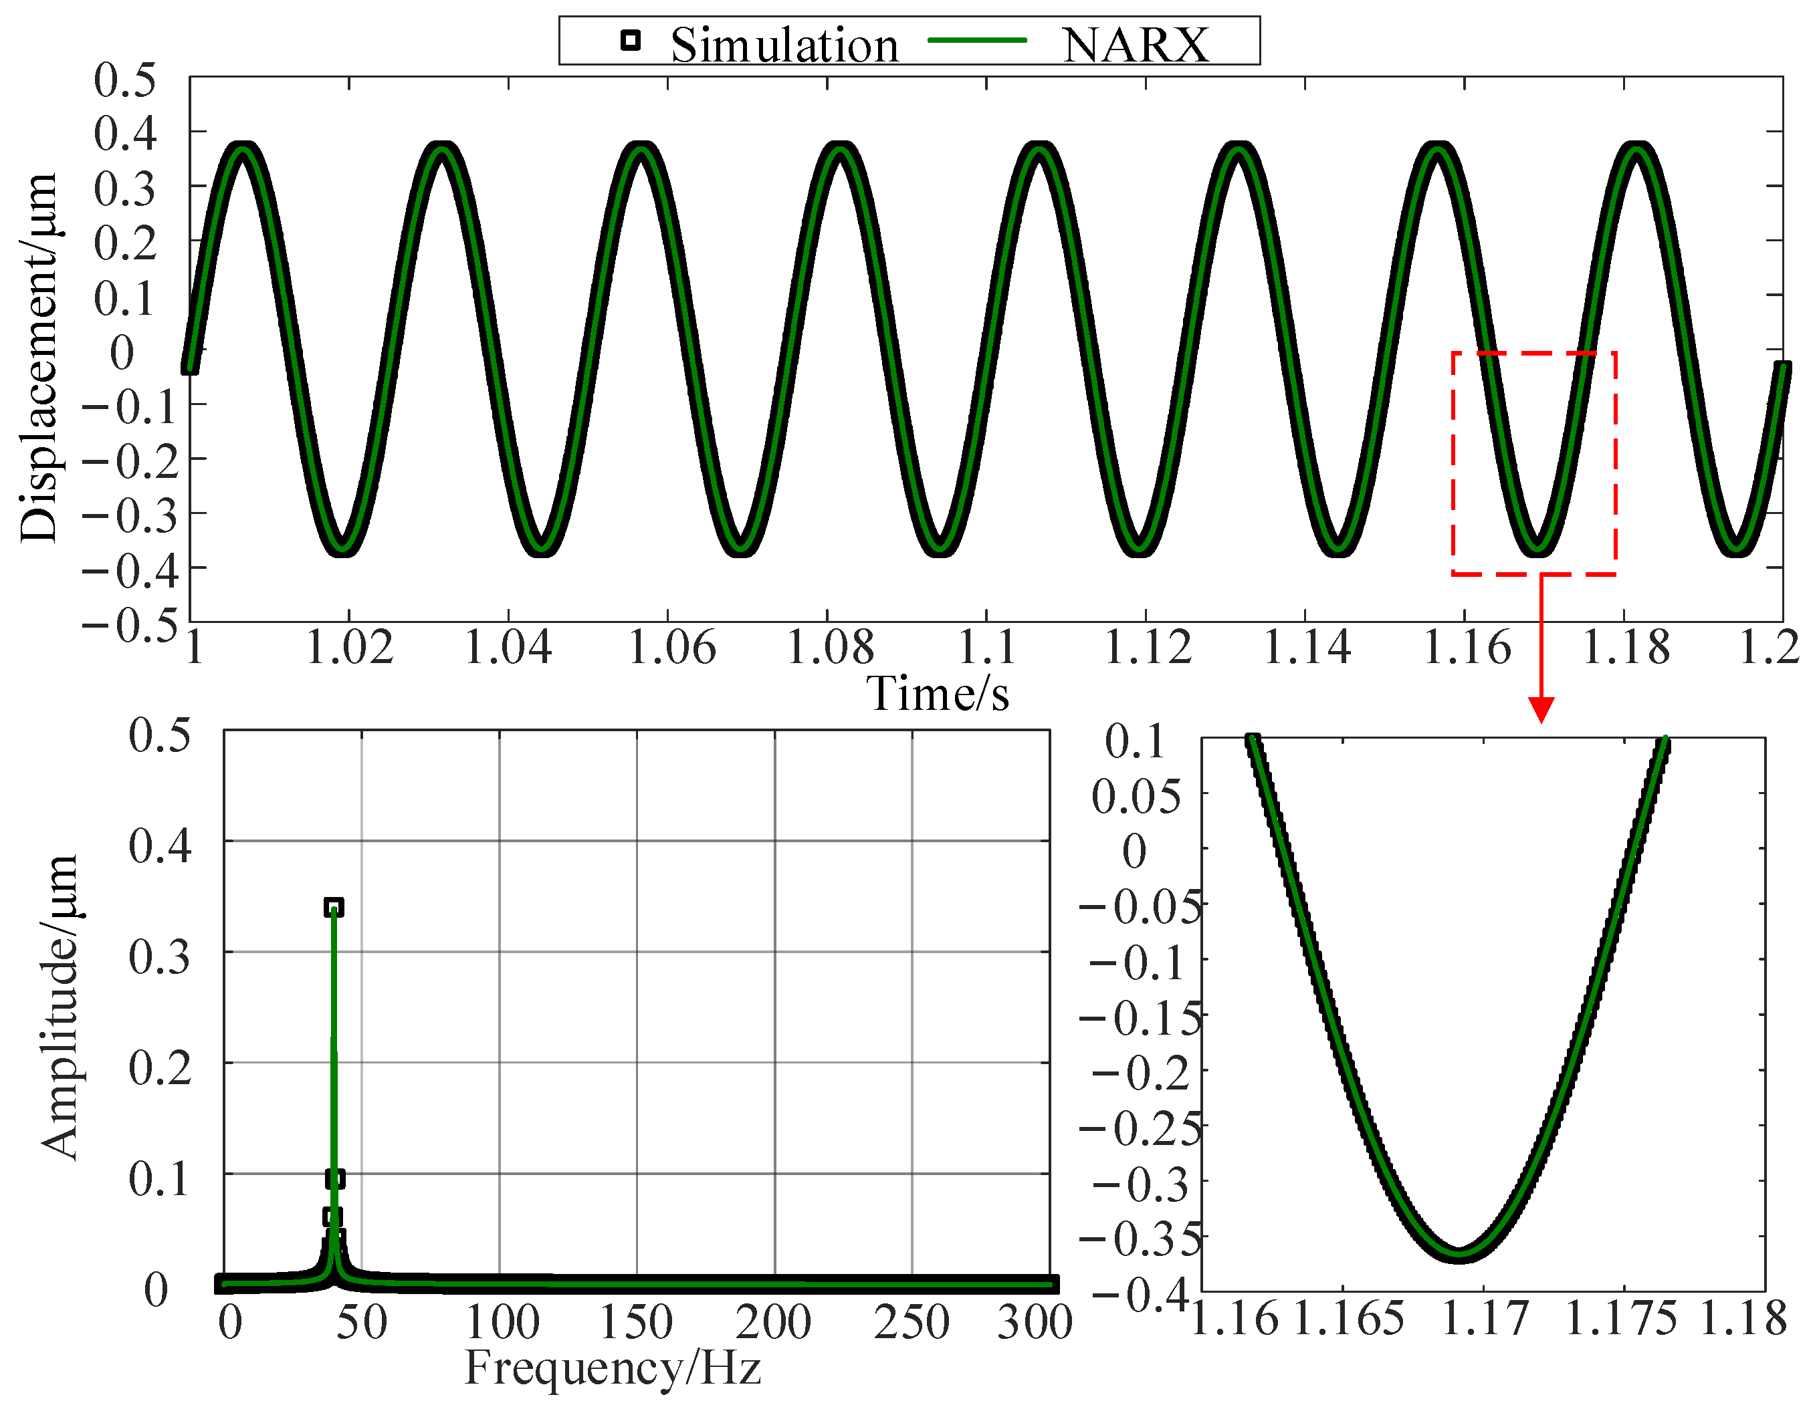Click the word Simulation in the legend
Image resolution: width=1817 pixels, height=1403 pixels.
(784, 45)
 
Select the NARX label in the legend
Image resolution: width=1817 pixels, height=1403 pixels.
(1135, 45)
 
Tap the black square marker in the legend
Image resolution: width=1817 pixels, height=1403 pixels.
(631, 40)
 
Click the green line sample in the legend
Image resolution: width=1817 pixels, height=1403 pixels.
(977, 40)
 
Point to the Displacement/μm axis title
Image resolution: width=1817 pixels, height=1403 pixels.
(38, 358)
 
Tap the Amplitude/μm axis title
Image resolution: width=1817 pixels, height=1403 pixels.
(60, 1007)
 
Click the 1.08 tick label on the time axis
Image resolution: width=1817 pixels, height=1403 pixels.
(829, 648)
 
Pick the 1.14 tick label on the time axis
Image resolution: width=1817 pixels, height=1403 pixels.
(1307, 648)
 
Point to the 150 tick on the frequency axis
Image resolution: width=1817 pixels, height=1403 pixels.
(637, 1322)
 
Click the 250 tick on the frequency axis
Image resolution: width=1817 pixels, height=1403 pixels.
(912, 1322)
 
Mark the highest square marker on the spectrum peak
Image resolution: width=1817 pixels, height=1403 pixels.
(334, 906)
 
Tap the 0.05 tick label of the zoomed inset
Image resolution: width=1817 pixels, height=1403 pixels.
(1136, 797)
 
